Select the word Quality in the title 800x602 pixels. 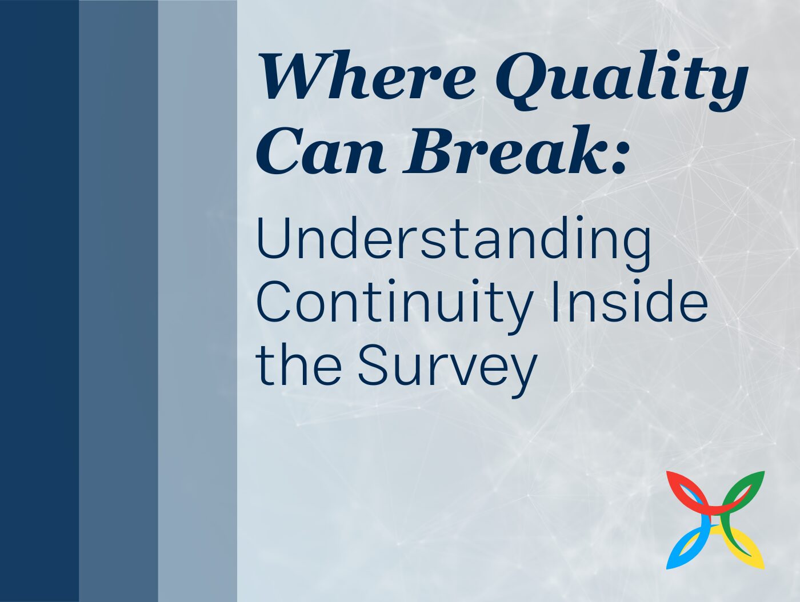[x=622, y=80]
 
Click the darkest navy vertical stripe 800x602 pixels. [x=39, y=301]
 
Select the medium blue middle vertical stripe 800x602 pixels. [x=118, y=301]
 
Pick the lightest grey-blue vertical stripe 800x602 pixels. [x=198, y=301]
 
